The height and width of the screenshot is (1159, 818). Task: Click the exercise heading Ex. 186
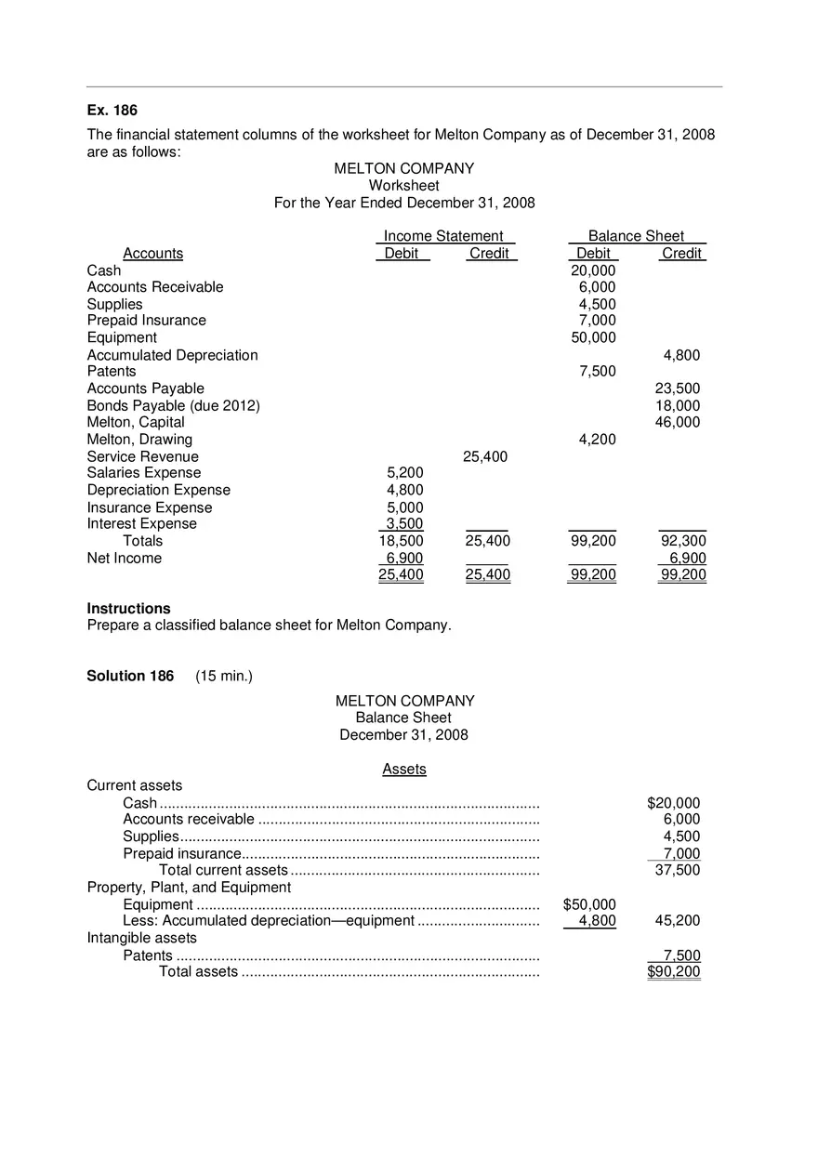pyautogui.click(x=112, y=111)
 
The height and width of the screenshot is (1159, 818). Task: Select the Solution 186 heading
pyautogui.click(x=130, y=676)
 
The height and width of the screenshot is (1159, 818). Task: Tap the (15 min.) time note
pyautogui.click(x=224, y=676)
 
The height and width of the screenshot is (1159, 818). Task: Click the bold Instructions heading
pyautogui.click(x=128, y=609)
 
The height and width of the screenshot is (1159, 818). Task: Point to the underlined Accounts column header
pyautogui.click(x=152, y=254)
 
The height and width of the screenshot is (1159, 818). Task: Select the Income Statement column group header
pyautogui.click(x=443, y=236)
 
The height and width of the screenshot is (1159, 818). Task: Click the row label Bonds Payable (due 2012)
pyautogui.click(x=173, y=405)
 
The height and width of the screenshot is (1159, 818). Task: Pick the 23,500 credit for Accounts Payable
pyautogui.click(x=678, y=389)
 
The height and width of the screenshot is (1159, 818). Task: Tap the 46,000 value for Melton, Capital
pyautogui.click(x=678, y=422)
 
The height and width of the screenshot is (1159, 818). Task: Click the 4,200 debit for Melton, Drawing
pyautogui.click(x=597, y=439)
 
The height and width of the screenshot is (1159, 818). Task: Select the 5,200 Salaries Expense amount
pyautogui.click(x=404, y=472)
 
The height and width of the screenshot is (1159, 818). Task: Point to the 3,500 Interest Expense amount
pyautogui.click(x=404, y=523)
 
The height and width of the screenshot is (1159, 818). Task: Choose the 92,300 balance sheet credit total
pyautogui.click(x=682, y=541)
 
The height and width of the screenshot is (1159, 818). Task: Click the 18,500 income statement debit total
pyautogui.click(x=401, y=541)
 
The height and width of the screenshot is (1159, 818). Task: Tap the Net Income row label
pyautogui.click(x=124, y=558)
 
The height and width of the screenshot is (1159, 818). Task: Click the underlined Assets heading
pyautogui.click(x=404, y=769)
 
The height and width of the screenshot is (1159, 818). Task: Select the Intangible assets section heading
pyautogui.click(x=141, y=938)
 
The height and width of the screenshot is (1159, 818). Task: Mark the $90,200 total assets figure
pyautogui.click(x=674, y=972)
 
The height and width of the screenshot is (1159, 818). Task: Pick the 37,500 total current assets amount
pyautogui.click(x=678, y=870)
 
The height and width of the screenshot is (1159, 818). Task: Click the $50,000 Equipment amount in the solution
pyautogui.click(x=589, y=904)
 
